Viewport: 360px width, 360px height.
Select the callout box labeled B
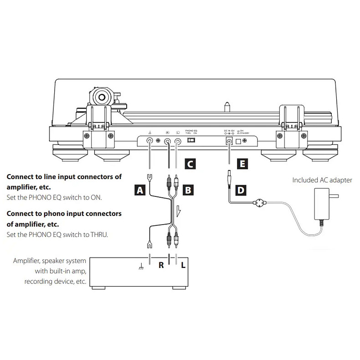187,189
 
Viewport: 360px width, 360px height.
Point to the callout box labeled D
241,189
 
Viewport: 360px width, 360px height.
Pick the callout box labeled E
241,164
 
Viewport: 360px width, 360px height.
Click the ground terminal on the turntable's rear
149,141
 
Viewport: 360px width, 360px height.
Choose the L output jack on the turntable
177,141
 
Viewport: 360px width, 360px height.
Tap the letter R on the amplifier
161,265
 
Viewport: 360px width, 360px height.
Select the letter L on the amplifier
183,265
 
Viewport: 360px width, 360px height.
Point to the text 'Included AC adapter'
322,180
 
